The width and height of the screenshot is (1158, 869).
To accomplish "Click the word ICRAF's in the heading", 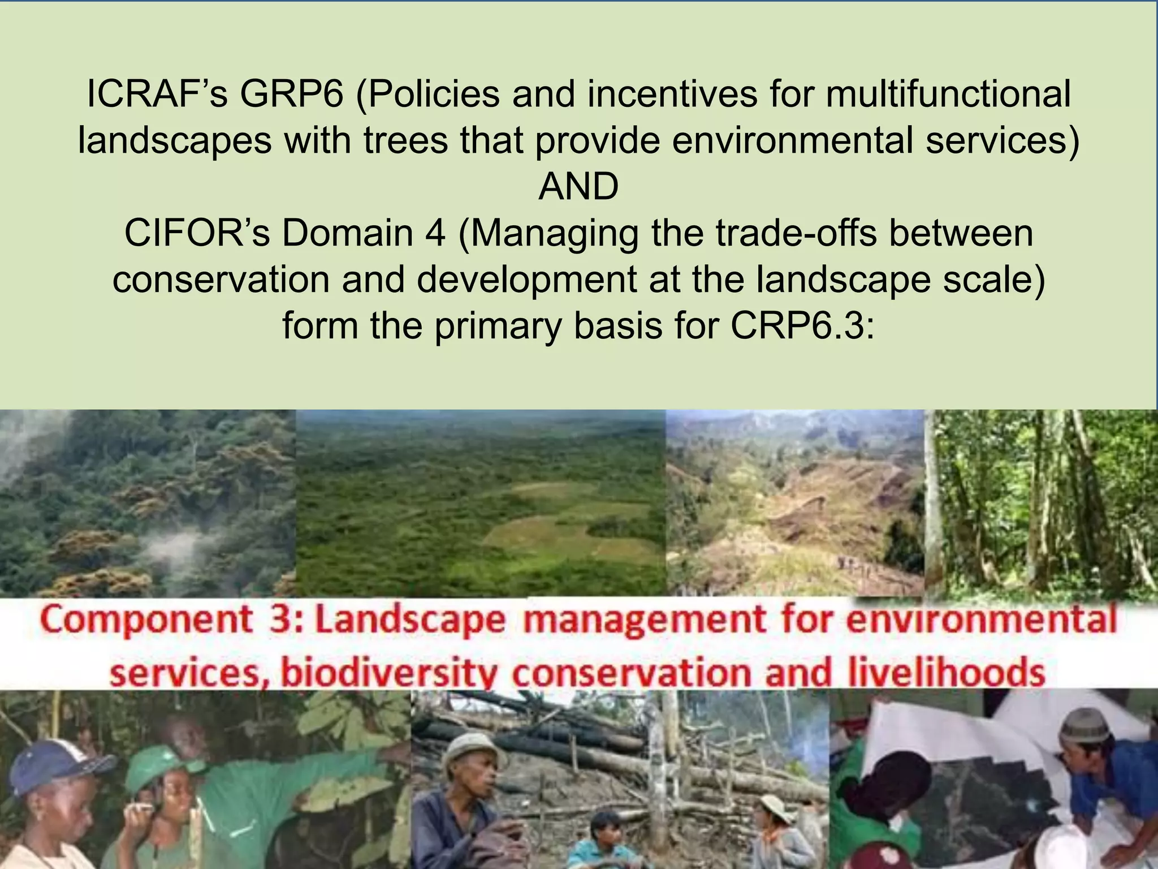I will pyautogui.click(x=157, y=94).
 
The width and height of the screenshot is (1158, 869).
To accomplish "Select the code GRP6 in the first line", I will pyautogui.click(x=292, y=94).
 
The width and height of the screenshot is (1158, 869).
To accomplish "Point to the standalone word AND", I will pyautogui.click(x=578, y=187).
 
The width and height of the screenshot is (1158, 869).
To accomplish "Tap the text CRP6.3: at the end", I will pyautogui.click(x=802, y=326).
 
